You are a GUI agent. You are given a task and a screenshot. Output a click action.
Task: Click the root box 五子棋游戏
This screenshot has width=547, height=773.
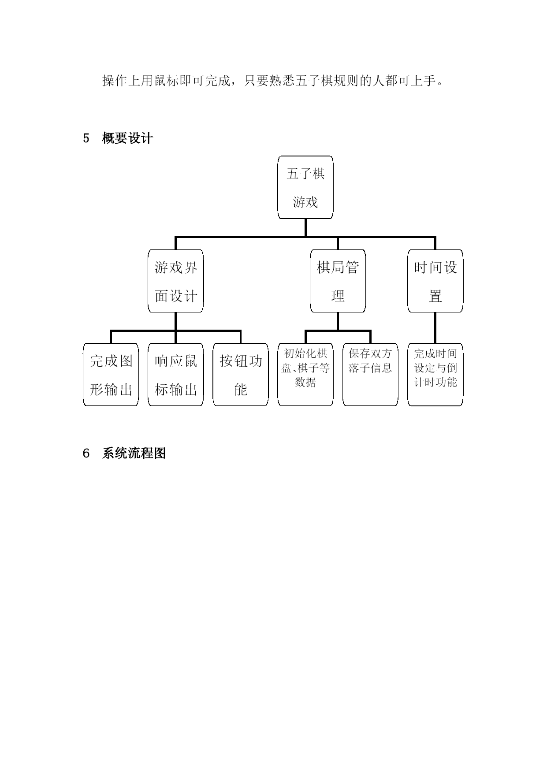pos(305,187)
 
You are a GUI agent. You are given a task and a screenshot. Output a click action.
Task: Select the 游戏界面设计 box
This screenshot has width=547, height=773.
pos(175,281)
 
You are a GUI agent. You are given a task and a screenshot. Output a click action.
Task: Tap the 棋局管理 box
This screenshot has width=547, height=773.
pos(338,281)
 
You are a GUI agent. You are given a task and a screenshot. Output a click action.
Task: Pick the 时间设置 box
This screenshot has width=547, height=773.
pos(435,281)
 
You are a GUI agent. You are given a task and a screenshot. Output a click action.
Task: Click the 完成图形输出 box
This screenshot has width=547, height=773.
pos(111,375)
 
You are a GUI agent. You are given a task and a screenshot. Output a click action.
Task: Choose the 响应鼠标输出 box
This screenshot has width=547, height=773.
pos(175,375)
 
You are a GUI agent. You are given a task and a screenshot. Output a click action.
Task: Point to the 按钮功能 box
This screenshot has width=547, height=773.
pos(241,375)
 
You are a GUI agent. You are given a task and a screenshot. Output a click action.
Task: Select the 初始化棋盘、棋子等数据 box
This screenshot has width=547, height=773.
pos(305,375)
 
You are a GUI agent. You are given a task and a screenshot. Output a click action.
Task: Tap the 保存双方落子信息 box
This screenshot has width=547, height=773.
pos(370,375)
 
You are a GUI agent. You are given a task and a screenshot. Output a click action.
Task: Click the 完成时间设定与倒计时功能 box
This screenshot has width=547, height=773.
pos(435,375)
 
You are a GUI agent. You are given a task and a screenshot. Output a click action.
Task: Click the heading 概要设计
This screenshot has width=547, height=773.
pos(127,138)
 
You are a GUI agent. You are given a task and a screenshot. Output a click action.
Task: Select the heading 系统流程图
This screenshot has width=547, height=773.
pos(134,453)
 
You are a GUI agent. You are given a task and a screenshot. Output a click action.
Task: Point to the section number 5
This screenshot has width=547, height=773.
pos(86,138)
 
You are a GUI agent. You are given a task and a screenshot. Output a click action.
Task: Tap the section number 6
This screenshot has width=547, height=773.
pos(86,453)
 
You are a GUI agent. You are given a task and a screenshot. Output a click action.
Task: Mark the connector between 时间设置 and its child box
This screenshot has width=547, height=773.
pos(435,328)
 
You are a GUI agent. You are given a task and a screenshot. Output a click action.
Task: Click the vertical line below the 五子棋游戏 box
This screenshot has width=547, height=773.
pos(305,228)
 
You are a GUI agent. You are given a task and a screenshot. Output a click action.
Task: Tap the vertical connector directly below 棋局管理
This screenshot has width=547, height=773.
pos(338,321)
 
